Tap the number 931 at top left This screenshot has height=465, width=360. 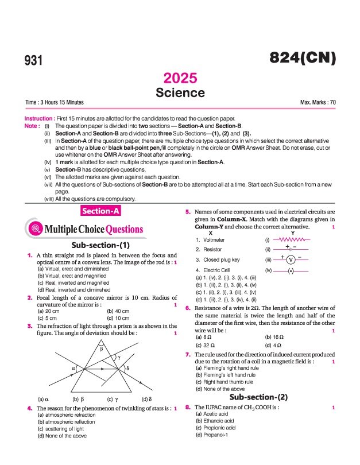click(34, 60)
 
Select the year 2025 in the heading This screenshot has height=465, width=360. click(180, 78)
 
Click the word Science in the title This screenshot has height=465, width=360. click(180, 92)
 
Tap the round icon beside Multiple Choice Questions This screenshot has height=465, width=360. click(36, 229)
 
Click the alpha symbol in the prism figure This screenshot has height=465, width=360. click(74, 351)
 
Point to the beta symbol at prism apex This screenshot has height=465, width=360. click(101, 332)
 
